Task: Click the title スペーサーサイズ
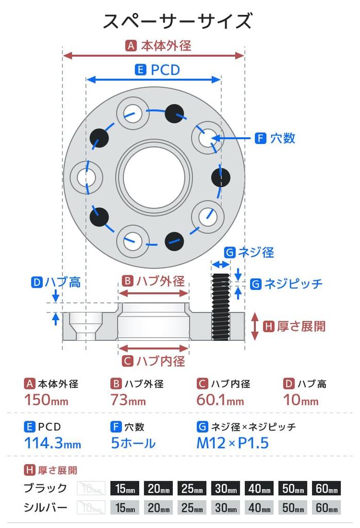177,22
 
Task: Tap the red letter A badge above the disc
131,46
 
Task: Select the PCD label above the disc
165,70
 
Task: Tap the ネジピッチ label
293,284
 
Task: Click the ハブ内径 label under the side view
160,361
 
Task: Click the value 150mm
46,400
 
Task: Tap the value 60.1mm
220,400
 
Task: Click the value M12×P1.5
233,442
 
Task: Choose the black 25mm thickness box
192,488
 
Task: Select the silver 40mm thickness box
259,508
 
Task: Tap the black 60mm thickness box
326,488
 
